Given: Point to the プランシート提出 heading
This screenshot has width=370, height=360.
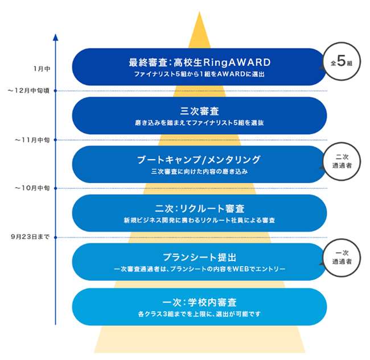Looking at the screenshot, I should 199,257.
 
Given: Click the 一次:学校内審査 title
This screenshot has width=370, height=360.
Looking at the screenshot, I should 199,301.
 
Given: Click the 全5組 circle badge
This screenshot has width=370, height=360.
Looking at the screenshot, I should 342,64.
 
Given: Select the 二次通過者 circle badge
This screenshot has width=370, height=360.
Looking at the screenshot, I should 342,159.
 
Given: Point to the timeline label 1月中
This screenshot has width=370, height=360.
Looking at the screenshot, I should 42,68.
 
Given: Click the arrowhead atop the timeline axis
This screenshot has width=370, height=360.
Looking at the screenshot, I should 55,37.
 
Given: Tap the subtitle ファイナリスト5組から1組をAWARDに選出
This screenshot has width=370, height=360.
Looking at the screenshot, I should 199,75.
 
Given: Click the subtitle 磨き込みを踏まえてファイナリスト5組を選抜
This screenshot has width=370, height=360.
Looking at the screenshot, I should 199,123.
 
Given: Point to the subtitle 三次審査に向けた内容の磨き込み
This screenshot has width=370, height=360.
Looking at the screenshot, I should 199,172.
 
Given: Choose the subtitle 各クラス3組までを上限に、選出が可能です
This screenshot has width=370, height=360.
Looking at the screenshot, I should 199,314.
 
